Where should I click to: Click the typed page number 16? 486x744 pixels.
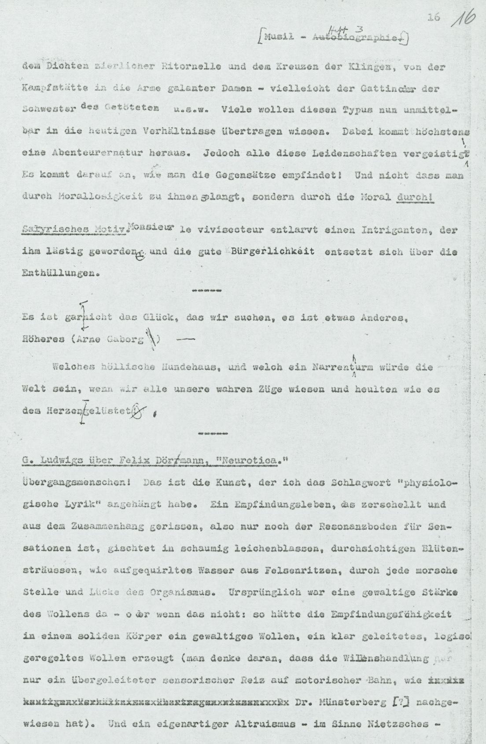433,17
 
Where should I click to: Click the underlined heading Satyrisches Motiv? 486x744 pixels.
74,230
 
